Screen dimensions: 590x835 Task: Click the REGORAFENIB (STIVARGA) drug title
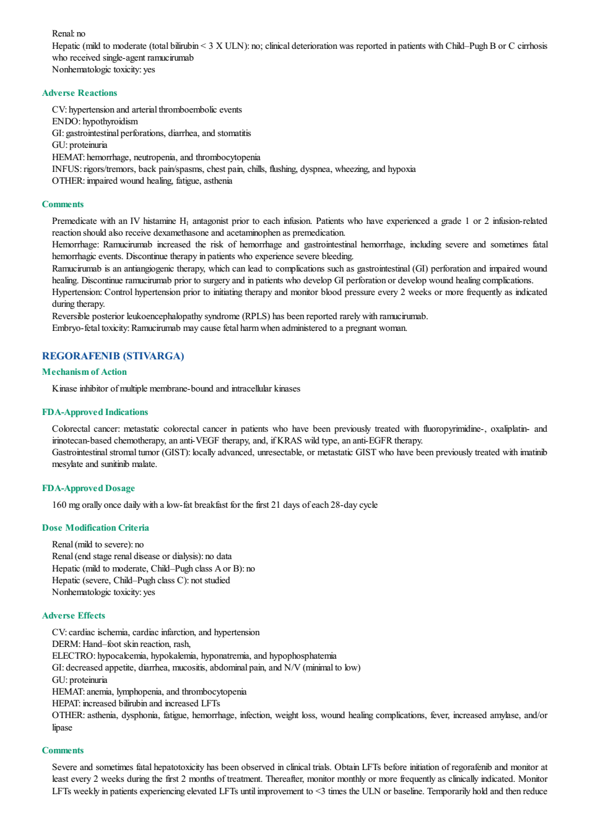pos(113,356)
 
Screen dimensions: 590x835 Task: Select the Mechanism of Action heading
pos(84,372)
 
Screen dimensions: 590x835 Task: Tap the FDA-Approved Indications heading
pos(95,412)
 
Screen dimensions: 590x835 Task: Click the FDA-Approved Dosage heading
pos(89,488)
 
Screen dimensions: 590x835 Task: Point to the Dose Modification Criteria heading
pos(95,528)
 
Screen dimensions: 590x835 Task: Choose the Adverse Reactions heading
pos(79,93)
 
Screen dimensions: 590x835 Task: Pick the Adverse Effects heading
pos(74,615)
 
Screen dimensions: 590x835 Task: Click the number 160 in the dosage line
pos(59,505)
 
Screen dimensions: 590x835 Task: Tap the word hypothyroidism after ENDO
pos(110,121)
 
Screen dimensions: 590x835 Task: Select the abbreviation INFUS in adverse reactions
pos(66,169)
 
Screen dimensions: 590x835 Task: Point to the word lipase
pos(62,727)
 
